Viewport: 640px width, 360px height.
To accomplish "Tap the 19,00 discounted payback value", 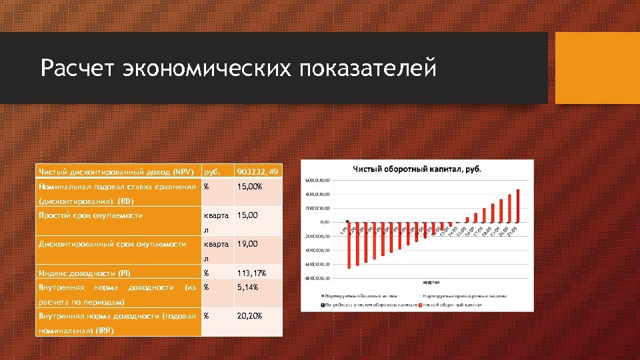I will pyautogui.click(x=247, y=244).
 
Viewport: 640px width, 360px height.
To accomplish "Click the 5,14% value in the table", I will pyautogui.click(x=249, y=287).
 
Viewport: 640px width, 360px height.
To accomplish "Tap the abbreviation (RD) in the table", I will pyautogui.click(x=125, y=201).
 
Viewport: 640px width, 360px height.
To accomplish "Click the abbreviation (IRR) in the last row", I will pyautogui.click(x=104, y=330).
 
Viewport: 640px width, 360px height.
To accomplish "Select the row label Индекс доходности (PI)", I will pyautogui.click(x=85, y=273).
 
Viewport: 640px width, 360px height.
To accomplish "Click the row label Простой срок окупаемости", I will pyautogui.click(x=91, y=215).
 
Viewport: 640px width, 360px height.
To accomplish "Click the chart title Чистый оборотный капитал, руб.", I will pyautogui.click(x=417, y=167).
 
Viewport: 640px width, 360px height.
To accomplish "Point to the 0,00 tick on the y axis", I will pyautogui.click(x=325, y=222).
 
